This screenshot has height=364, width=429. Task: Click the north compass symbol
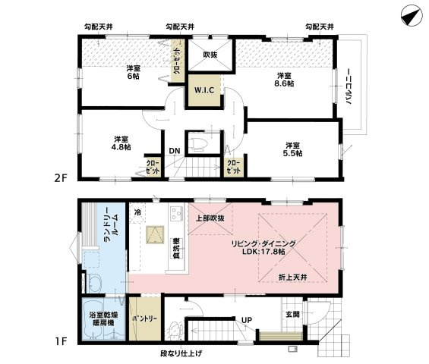tap(412, 16)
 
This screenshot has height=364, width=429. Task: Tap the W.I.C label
tap(204, 90)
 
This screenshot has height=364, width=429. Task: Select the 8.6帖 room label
tap(284, 80)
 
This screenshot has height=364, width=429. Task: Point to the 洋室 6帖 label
tap(133, 72)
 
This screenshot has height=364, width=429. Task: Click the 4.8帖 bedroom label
tap(121, 143)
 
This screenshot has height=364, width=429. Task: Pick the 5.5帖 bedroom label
tap(292, 149)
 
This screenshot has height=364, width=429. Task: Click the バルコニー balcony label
tap(349, 87)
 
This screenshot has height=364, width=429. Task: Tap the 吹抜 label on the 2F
tap(210, 55)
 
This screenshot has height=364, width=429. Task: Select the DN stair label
tap(175, 151)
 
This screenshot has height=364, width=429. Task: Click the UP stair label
tap(247, 320)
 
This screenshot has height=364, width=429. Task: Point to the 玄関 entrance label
tap(292, 314)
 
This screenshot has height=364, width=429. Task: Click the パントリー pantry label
tap(145, 319)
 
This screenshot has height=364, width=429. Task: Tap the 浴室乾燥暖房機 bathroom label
tap(103, 319)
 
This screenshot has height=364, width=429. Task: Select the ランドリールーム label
tap(111, 225)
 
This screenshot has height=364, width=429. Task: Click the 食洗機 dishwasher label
tap(176, 249)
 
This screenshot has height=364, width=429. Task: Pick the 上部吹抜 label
tap(210, 218)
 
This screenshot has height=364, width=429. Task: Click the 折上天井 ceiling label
tap(293, 278)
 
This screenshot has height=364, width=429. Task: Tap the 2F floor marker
tap(61, 178)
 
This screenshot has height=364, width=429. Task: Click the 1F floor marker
tap(61, 341)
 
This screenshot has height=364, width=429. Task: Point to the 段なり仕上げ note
tap(181, 354)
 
